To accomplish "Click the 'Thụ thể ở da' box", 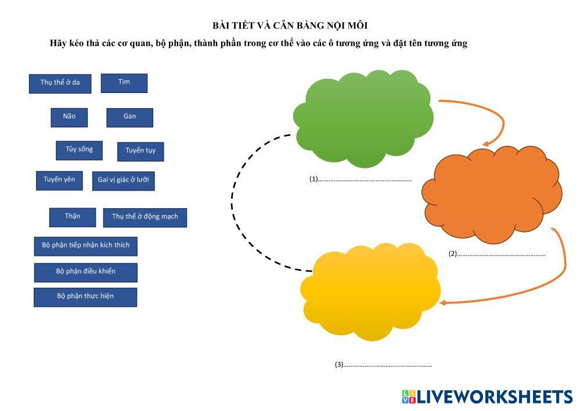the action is click(x=60, y=83).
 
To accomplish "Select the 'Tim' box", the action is click(x=124, y=83).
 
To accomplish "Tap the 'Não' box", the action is click(x=69, y=117).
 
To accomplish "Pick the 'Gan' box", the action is click(x=129, y=117).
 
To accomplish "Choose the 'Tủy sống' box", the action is click(x=79, y=150).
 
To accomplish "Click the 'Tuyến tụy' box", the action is click(x=141, y=151).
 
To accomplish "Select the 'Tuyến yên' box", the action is click(x=59, y=180).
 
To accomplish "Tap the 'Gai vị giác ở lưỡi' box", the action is click(x=123, y=180).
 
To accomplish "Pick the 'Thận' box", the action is click(x=72, y=217).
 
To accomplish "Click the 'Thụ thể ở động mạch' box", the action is click(x=145, y=217).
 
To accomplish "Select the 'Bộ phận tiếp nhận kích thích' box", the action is click(x=85, y=246).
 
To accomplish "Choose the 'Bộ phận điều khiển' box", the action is click(x=85, y=272).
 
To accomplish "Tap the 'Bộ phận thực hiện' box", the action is click(x=85, y=297).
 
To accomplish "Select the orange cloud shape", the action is click(x=491, y=195).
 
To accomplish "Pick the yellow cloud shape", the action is click(x=370, y=291).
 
